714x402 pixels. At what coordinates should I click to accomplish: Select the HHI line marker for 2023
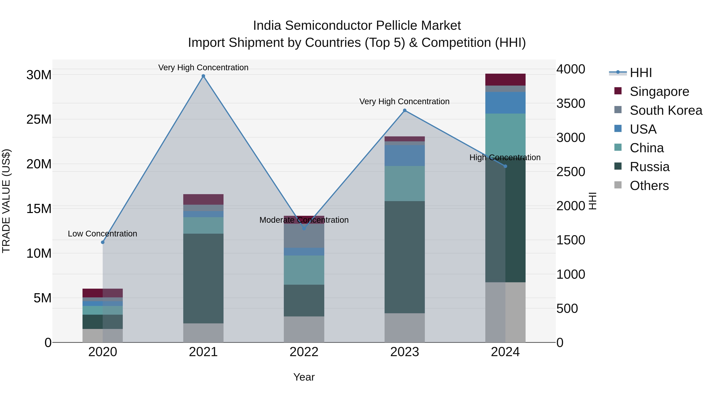(x=404, y=110)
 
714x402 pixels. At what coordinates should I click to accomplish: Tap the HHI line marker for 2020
(x=103, y=242)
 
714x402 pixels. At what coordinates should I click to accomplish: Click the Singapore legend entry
(x=659, y=92)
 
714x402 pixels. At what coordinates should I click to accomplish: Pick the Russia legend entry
(x=649, y=167)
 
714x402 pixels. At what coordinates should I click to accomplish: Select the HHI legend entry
(x=640, y=73)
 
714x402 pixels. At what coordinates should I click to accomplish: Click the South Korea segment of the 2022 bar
(x=304, y=236)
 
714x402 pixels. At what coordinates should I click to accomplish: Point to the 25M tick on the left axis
(x=39, y=120)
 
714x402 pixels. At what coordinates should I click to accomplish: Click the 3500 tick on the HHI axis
(x=570, y=103)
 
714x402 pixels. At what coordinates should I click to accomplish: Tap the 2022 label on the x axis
(x=304, y=352)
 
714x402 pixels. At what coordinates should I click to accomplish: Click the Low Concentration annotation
(x=102, y=234)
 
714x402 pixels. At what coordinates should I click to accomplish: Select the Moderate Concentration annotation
(x=304, y=220)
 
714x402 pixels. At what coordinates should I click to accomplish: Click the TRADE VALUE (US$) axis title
(x=6, y=201)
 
